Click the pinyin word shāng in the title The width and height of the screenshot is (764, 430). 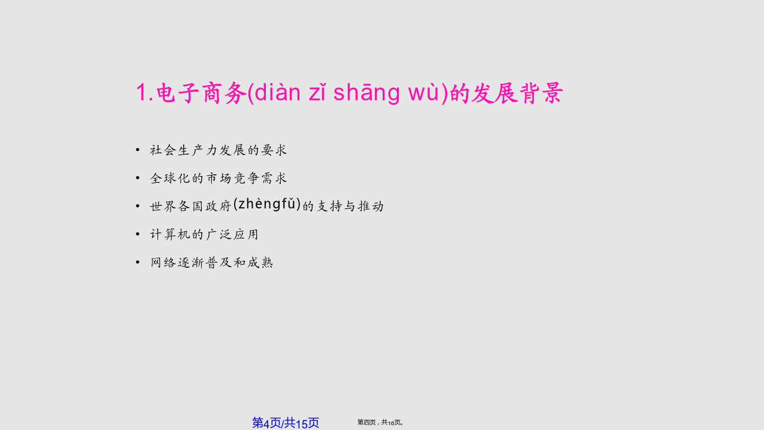click(x=366, y=92)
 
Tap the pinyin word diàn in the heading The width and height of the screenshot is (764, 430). click(x=278, y=92)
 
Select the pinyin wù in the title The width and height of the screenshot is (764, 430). click(x=423, y=92)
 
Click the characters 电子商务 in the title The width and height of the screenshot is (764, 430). click(x=201, y=93)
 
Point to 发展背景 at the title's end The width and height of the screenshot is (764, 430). click(x=517, y=93)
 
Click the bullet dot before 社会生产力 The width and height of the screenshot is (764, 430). click(x=138, y=150)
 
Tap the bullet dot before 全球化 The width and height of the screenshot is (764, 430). click(x=138, y=177)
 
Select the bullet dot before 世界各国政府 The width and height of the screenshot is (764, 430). click(x=138, y=206)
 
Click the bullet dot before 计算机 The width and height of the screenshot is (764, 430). click(x=138, y=234)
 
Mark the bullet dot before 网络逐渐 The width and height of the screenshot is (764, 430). click(x=138, y=262)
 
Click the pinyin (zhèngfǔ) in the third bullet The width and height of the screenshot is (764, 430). click(x=267, y=204)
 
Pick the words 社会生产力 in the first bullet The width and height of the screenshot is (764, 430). click(x=184, y=150)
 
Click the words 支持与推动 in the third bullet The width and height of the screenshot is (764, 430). click(x=350, y=206)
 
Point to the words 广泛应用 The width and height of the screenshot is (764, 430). click(x=232, y=234)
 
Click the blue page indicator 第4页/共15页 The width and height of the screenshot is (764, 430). click(x=286, y=423)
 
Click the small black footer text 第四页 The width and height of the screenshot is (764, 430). click(x=366, y=422)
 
